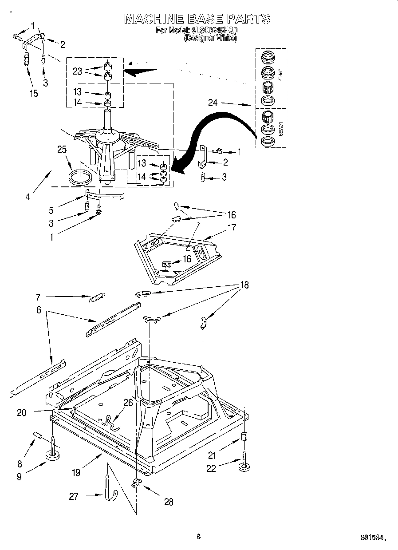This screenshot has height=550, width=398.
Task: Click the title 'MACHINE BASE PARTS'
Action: pyautogui.click(x=197, y=19)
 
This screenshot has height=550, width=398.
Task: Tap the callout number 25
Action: pyautogui.click(x=62, y=150)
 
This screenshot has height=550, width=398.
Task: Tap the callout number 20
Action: pyautogui.click(x=21, y=412)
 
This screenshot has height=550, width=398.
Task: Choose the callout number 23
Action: pyautogui.click(x=78, y=71)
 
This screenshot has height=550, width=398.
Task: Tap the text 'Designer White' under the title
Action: pyautogui.click(x=210, y=38)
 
